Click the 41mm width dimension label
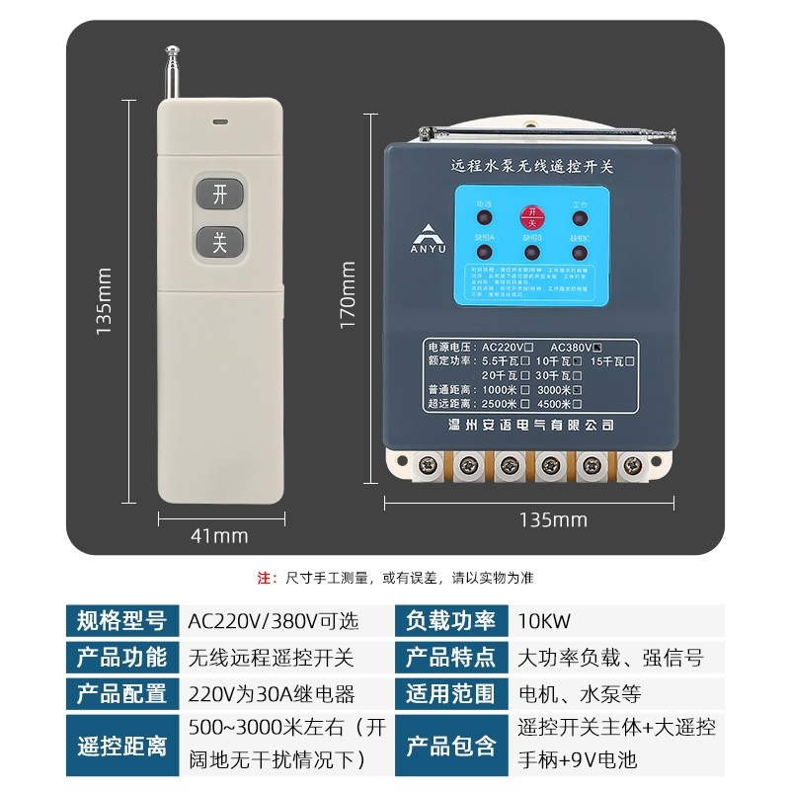219,536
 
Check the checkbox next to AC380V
597,347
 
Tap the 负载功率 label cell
450,622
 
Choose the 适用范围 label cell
450,693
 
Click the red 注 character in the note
263,577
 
